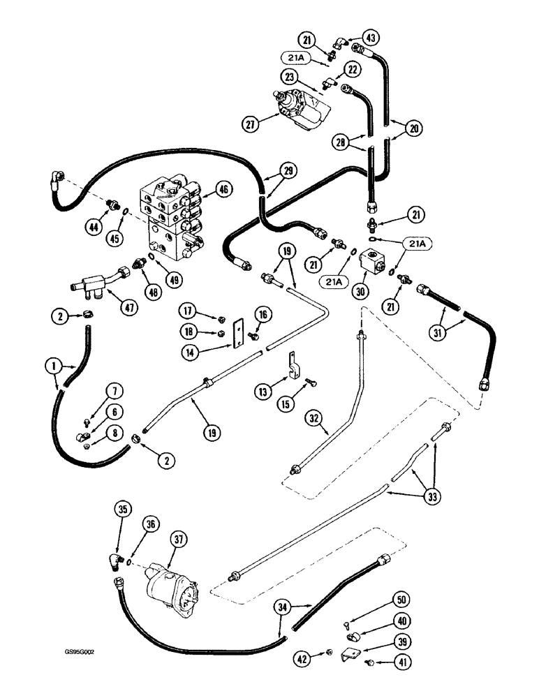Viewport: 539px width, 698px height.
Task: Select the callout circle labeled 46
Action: (223, 188)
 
